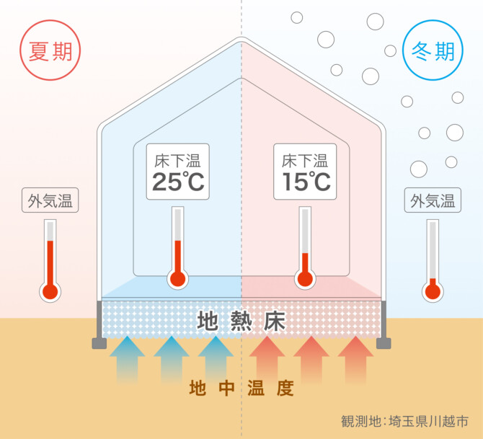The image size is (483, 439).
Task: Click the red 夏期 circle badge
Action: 50,51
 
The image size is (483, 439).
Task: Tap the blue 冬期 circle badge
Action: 433,51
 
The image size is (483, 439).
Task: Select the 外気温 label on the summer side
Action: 50,200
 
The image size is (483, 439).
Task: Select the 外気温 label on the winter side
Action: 433,200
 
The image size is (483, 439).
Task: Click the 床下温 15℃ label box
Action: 305,172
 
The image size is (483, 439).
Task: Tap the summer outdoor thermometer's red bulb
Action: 50,291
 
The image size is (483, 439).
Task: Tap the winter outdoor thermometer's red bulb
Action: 433,291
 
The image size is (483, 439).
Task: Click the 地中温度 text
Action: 241,389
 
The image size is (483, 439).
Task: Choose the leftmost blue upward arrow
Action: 127,357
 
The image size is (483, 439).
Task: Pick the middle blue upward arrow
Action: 171,357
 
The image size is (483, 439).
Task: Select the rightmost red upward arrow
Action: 355,357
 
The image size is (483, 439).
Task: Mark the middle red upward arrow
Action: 311,357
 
